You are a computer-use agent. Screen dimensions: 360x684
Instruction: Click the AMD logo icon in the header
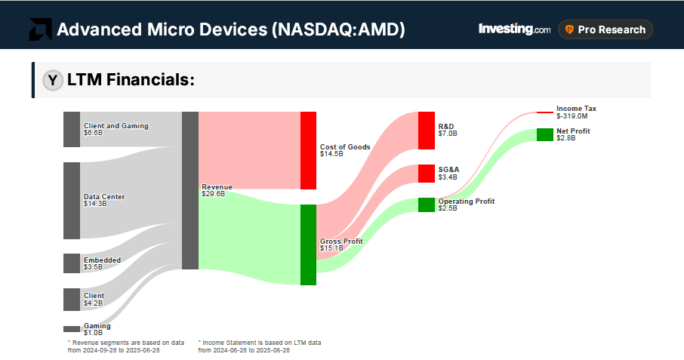[x=40, y=29]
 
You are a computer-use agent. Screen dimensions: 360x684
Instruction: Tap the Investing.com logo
[x=514, y=29]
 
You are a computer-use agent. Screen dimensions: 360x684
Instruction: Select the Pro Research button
[x=605, y=29]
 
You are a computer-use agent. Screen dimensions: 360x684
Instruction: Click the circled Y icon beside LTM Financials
[x=52, y=80]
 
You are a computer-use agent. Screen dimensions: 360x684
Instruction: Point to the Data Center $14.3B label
[x=104, y=200]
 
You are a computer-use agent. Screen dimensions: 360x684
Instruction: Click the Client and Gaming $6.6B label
[x=116, y=129]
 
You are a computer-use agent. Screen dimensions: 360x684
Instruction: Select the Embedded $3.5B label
[x=102, y=263]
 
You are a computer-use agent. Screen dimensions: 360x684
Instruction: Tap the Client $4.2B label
[x=94, y=299]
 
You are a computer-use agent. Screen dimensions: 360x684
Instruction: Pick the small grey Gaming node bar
[x=72, y=329]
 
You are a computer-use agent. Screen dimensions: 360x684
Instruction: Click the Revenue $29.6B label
[x=217, y=189]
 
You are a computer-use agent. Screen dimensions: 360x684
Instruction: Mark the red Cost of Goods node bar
[x=308, y=150]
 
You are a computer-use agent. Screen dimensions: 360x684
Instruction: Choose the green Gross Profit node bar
[x=308, y=245]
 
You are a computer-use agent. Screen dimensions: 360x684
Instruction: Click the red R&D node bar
[x=427, y=131]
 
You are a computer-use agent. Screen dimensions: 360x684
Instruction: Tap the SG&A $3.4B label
[x=448, y=173]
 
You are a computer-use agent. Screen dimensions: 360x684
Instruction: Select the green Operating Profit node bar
[x=427, y=205]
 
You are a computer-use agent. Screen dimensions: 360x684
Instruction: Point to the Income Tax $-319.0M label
[x=576, y=112]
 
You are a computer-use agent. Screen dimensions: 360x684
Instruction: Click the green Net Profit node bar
[x=544, y=134]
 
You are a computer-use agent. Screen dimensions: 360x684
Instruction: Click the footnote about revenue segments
[x=125, y=346]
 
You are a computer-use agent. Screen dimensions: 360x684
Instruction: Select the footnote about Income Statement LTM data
[x=259, y=346]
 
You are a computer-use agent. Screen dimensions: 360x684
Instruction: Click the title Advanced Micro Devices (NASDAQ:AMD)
[x=231, y=29]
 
